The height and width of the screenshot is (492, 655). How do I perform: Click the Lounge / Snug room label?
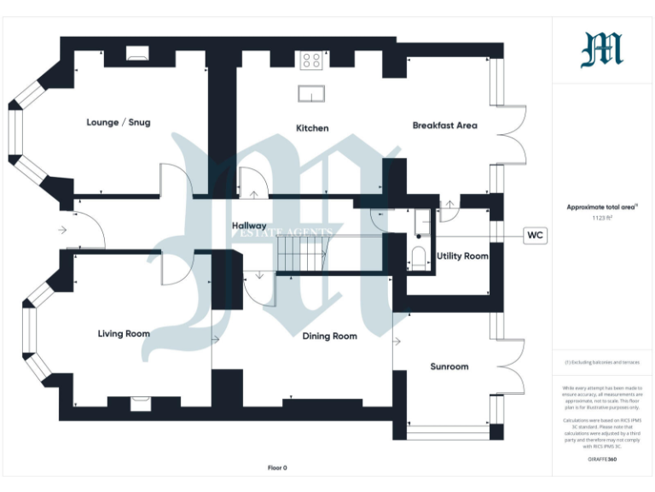[119, 122]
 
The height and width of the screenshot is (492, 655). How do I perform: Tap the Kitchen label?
[312, 128]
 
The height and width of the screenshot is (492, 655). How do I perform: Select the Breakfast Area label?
[444, 126]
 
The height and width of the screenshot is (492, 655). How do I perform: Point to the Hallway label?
[249, 225]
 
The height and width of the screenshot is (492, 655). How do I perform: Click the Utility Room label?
[462, 256]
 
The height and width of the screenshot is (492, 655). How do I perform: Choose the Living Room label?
[124, 334]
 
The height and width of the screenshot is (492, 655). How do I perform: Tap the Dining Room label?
[329, 337]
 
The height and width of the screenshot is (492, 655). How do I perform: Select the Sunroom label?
[449, 366]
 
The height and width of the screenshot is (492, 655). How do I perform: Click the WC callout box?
[535, 235]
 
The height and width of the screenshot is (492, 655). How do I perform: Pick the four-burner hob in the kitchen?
[311, 61]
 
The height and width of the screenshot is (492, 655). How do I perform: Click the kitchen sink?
[311, 93]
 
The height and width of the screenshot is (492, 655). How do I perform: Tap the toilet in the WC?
[419, 256]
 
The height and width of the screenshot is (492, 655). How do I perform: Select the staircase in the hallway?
[302, 254]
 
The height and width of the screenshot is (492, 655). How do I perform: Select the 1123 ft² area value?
[602, 219]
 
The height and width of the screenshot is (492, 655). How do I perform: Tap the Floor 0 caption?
[277, 468]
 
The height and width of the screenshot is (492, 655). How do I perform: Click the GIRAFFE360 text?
[602, 460]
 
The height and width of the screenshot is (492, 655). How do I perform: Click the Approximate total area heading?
[602, 207]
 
